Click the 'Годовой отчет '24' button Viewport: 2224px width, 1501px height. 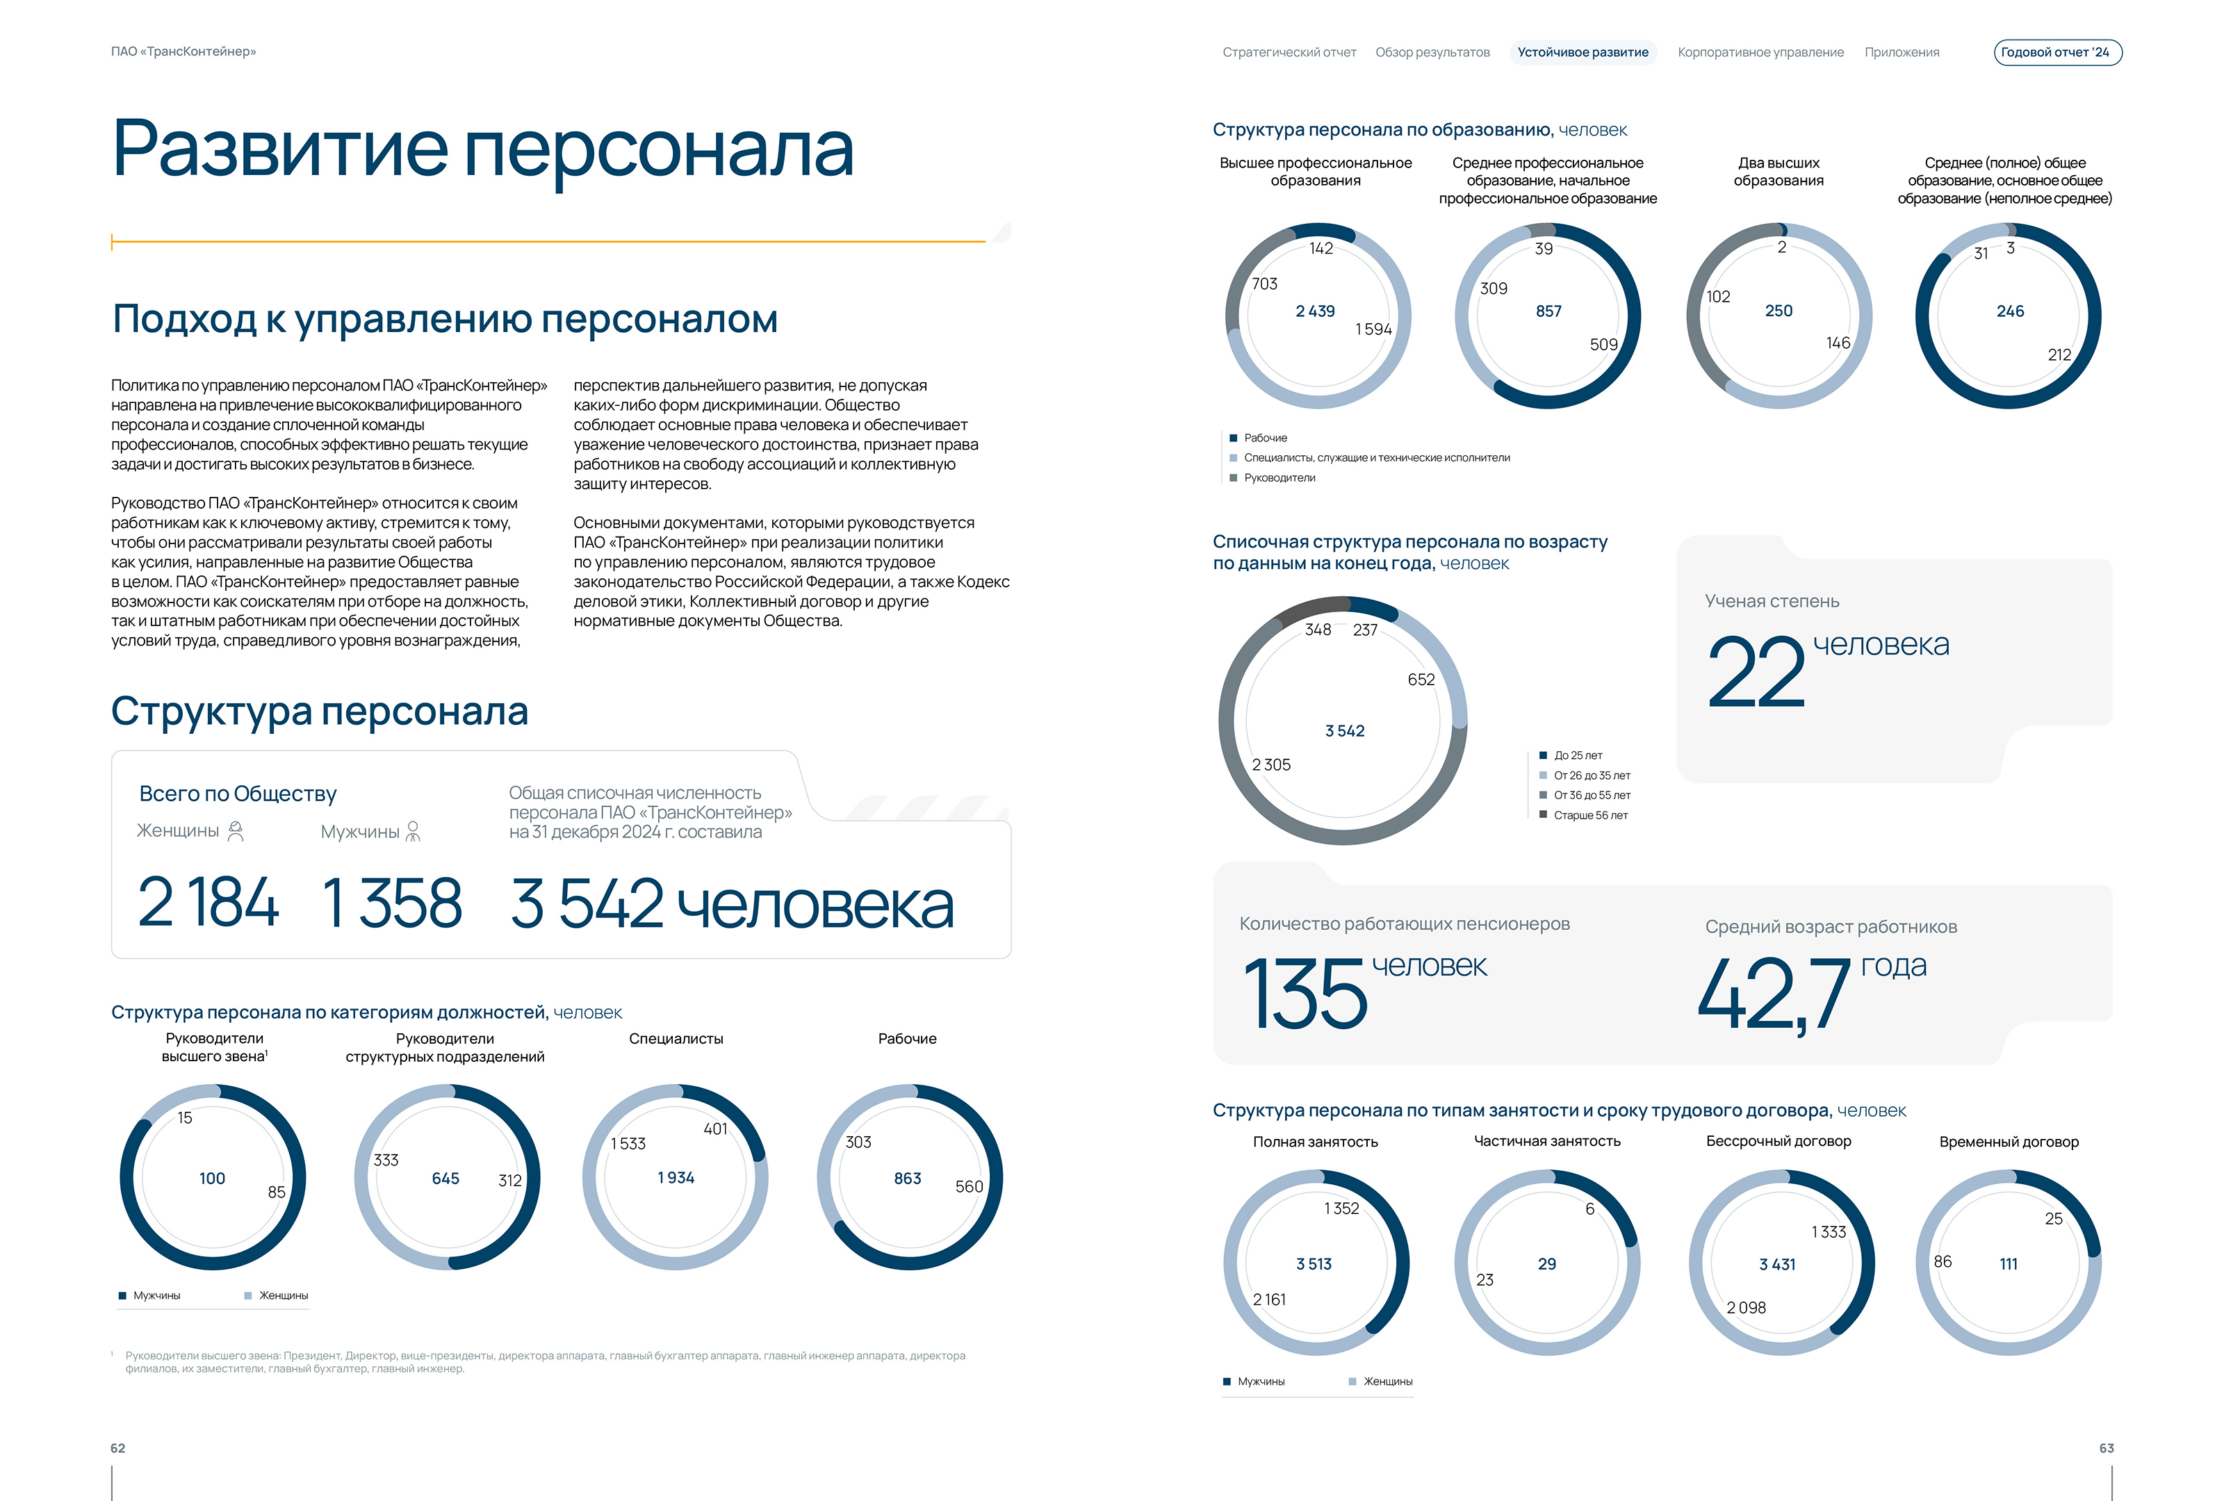(x=2057, y=53)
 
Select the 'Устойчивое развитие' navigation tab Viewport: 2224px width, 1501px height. (x=1582, y=53)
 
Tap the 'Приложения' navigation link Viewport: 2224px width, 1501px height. (x=1902, y=53)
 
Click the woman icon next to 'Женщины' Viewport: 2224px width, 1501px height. (x=236, y=831)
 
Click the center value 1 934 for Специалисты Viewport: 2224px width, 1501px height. (x=676, y=1178)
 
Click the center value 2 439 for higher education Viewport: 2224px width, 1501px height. (x=1315, y=311)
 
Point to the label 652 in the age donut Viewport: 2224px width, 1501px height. (x=1421, y=679)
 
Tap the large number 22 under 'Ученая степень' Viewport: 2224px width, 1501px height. (x=1756, y=673)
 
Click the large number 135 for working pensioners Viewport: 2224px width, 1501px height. (x=1305, y=995)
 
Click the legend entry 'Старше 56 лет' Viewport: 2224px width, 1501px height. (x=1589, y=815)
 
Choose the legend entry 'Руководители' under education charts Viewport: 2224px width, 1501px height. (x=1279, y=477)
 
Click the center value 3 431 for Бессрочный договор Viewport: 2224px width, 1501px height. (x=1777, y=1264)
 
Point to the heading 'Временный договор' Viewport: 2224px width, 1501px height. (x=2009, y=1141)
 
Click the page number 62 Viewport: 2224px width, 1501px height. (x=117, y=1448)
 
